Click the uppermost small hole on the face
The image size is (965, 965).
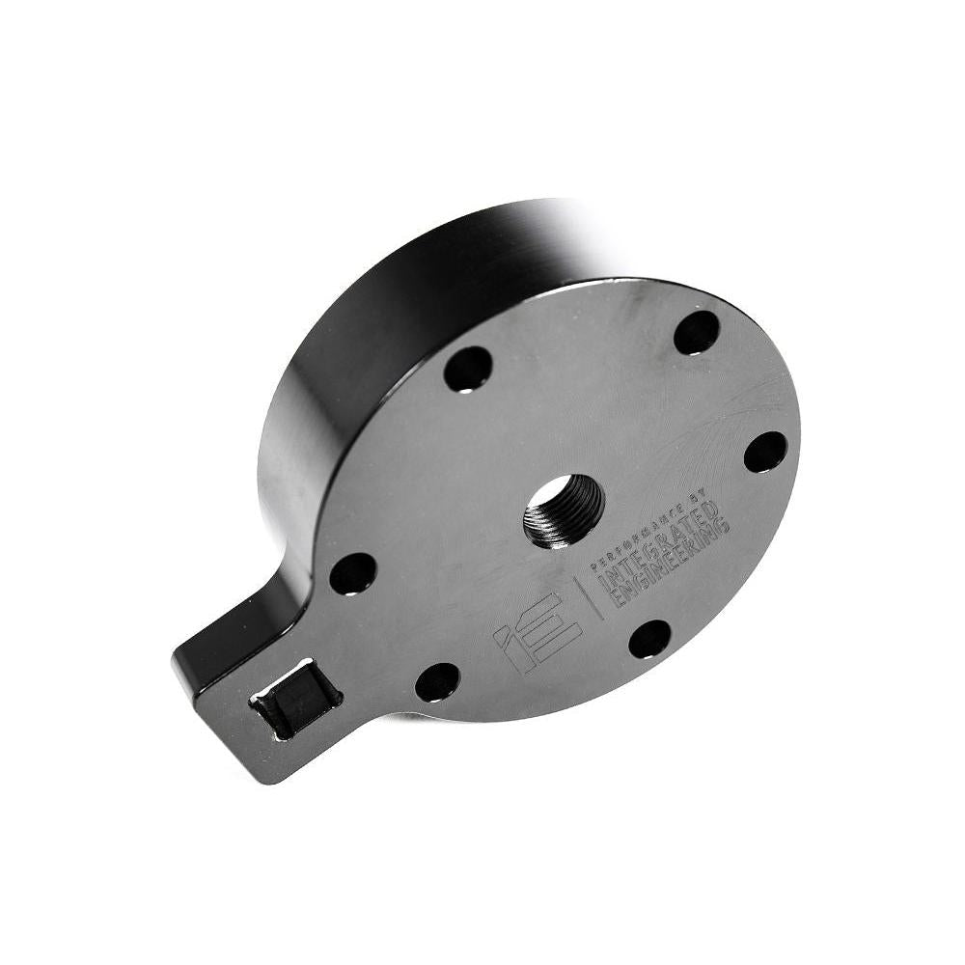[x=696, y=332]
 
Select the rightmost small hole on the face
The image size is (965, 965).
[x=765, y=451]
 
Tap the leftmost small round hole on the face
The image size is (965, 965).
[x=352, y=573]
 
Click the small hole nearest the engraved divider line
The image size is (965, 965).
[x=649, y=638]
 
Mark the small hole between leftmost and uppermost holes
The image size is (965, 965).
[x=468, y=370]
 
